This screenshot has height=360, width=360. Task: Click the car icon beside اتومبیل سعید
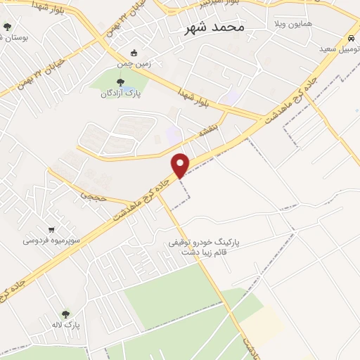pyautogui.click(x=349, y=37)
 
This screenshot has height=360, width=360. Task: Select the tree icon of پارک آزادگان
pyautogui.click(x=120, y=82)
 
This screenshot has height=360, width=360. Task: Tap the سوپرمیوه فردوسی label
pyautogui.click(x=51, y=240)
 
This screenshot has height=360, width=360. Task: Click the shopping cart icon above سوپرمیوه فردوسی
pyautogui.click(x=51, y=229)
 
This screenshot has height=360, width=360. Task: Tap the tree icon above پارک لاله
pyautogui.click(x=65, y=314)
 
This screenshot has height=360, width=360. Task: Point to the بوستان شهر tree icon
pyautogui.click(x=8, y=27)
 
